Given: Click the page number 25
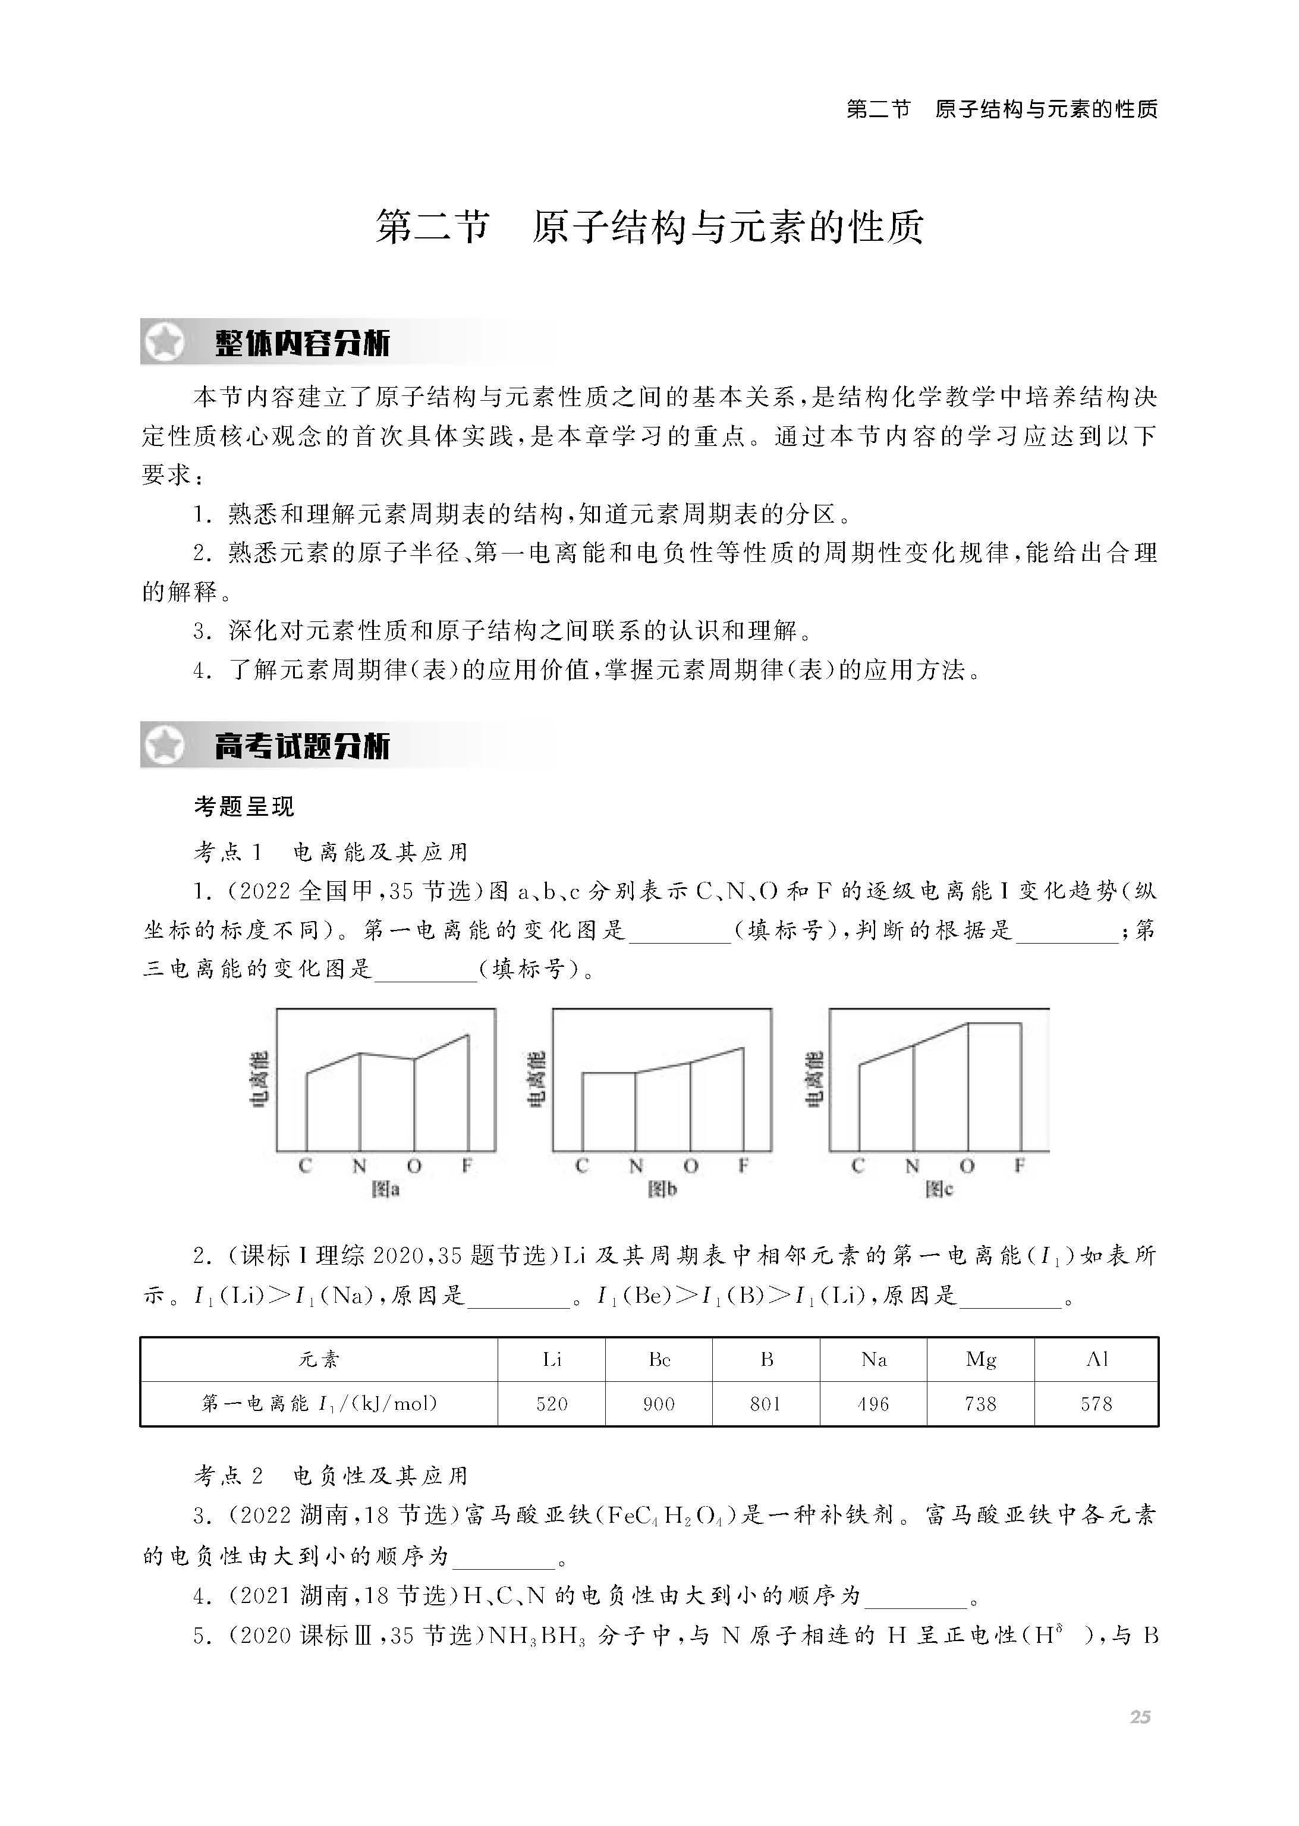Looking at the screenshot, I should pyautogui.click(x=1140, y=1717).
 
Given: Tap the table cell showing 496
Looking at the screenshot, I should pyautogui.click(x=873, y=1404).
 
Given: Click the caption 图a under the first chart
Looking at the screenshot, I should pyautogui.click(x=386, y=1189).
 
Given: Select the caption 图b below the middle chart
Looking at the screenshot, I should pyautogui.click(x=662, y=1189).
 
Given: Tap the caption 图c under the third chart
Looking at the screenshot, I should pyautogui.click(x=939, y=1189).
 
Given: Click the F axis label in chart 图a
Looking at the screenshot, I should pyautogui.click(x=467, y=1166).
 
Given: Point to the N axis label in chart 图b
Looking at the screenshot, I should pyautogui.click(x=636, y=1166).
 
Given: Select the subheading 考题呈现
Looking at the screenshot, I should pyautogui.click(x=244, y=806).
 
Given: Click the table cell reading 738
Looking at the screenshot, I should pyautogui.click(x=981, y=1404).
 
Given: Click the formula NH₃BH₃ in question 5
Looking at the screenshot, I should pyautogui.click(x=537, y=1636).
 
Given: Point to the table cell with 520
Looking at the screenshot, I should pyautogui.click(x=552, y=1404).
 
